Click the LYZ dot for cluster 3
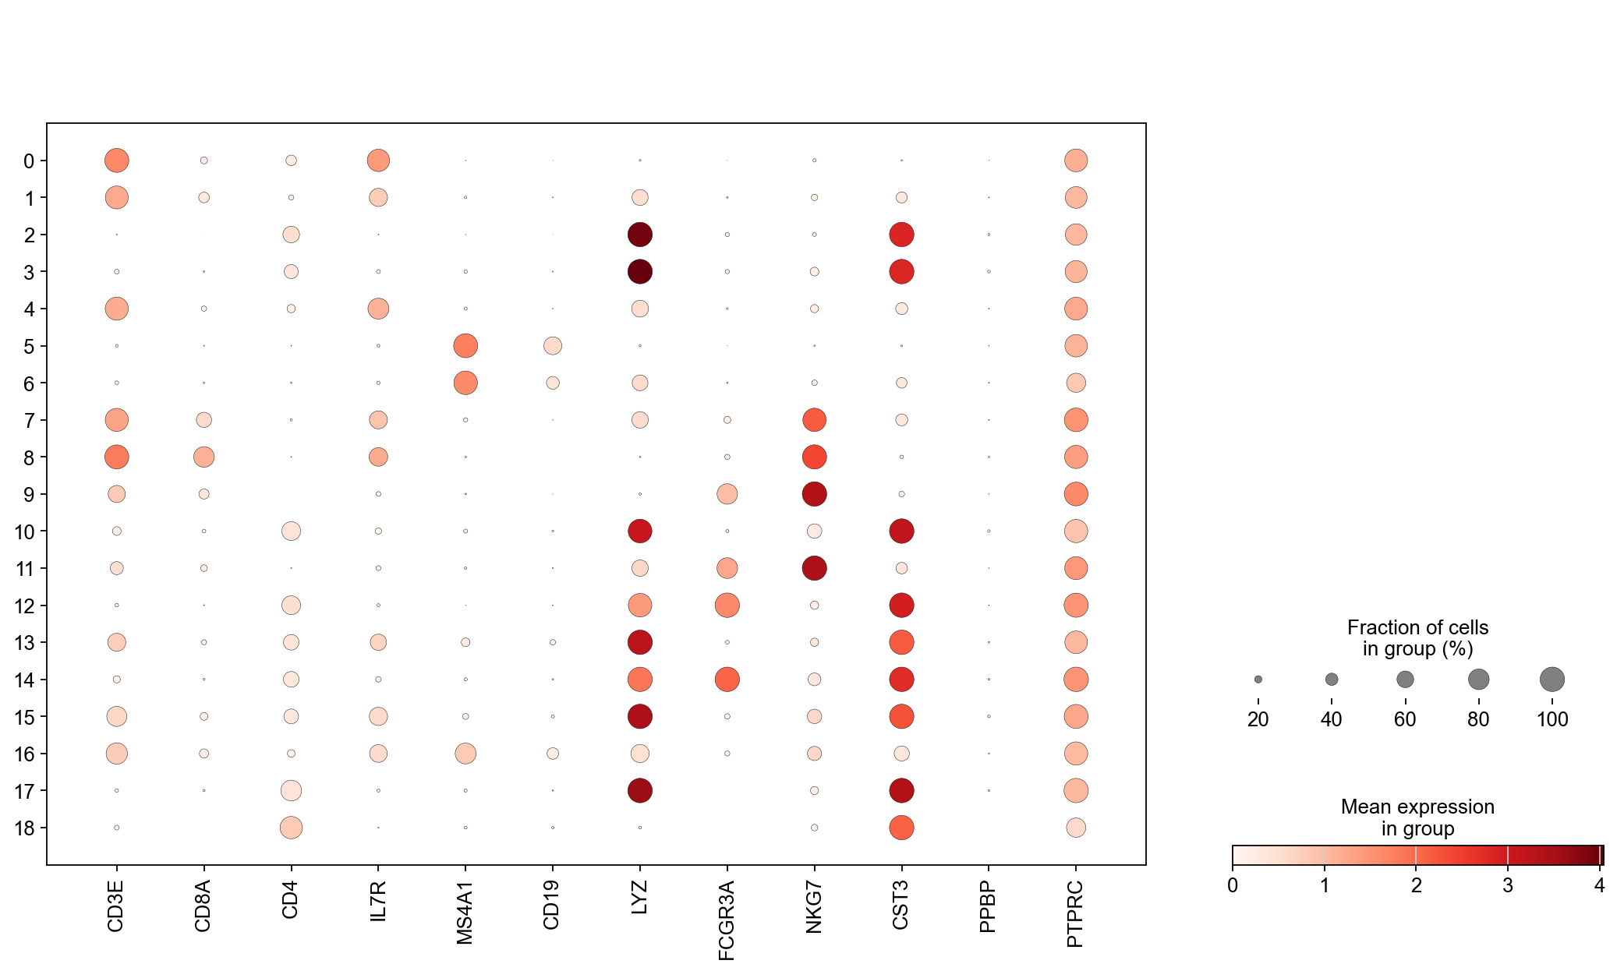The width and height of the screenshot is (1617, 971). [639, 272]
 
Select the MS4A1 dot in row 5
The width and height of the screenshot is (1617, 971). [465, 345]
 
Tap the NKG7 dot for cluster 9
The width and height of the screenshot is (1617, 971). [814, 494]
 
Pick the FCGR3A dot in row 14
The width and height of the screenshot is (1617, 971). [727, 680]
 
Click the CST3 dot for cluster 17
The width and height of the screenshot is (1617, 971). [901, 790]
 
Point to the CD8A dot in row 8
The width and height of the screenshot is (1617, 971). [203, 457]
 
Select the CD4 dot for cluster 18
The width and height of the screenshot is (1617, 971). [291, 828]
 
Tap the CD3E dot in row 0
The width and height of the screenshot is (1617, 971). [116, 161]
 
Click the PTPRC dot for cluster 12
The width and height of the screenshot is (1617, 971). [1076, 606]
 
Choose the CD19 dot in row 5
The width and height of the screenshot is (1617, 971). [553, 345]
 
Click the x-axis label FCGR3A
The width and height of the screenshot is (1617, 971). [727, 920]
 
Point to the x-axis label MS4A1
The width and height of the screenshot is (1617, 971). [465, 913]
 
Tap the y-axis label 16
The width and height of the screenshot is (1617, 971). [25, 754]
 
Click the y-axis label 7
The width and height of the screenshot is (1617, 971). [30, 421]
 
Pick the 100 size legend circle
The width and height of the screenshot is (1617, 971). [1552, 680]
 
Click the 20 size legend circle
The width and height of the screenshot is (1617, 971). [1258, 680]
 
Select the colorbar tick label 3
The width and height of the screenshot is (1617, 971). [1508, 886]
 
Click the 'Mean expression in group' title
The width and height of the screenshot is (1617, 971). [1417, 817]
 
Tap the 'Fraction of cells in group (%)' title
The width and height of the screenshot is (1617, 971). [1417, 638]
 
